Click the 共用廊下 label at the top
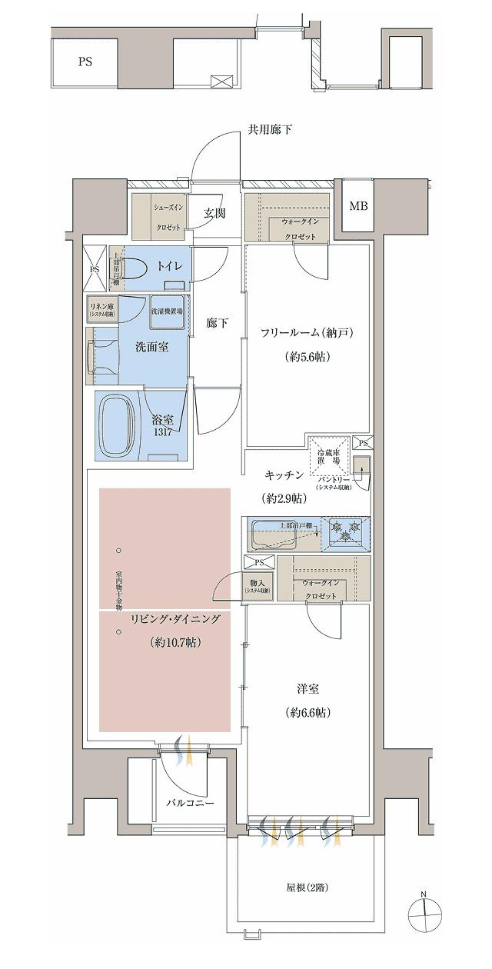tap(270, 130)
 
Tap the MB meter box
tap(359, 205)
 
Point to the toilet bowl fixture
tap(135, 267)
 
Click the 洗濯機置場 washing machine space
tap(168, 311)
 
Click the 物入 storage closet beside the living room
tap(258, 585)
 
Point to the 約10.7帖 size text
tap(176, 641)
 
